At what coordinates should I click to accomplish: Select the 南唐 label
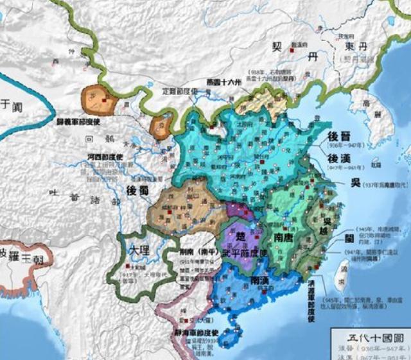(x=284, y=237)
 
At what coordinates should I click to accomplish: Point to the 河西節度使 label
(x=106, y=157)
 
